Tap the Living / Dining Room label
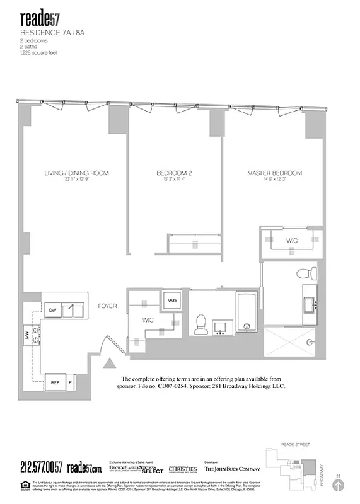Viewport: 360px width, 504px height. pos(77,173)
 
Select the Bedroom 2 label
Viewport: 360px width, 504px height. pos(173,173)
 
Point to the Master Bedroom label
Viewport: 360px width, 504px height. pos(274,173)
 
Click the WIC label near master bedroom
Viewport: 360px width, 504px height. pos(292,241)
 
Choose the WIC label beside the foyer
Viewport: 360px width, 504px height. pos(148,320)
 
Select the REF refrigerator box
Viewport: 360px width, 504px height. pos(55,382)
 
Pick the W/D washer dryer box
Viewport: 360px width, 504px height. pos(172,301)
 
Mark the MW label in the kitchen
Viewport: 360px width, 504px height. pos(27,336)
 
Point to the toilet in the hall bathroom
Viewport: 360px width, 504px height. pos(202,323)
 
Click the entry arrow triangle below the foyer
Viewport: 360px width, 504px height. pos(110,363)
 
